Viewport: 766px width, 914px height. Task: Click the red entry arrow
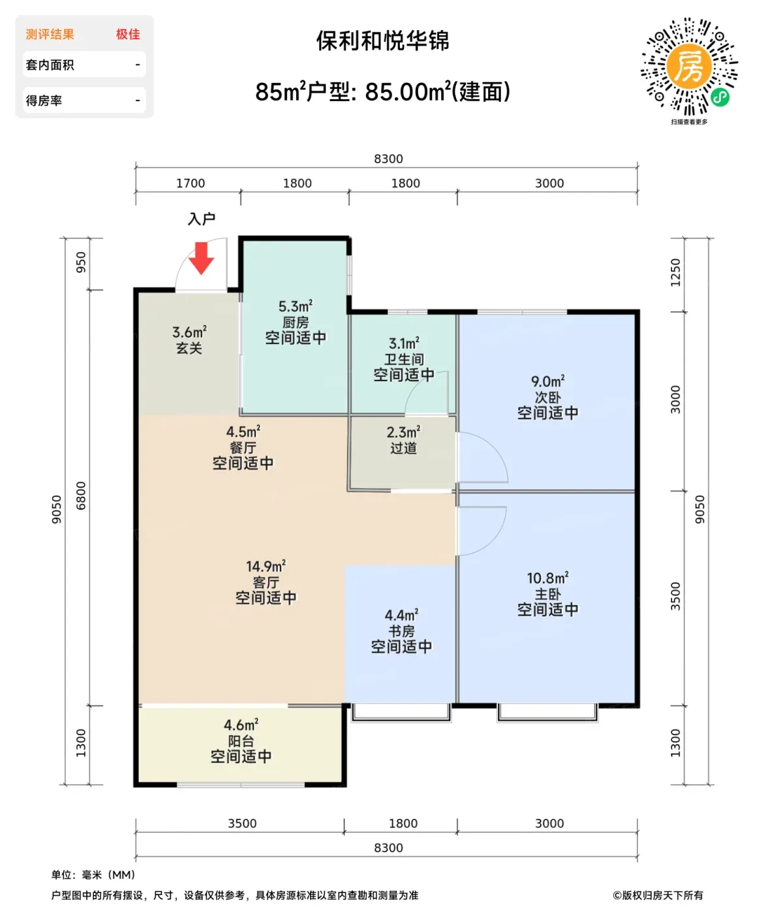coord(201,259)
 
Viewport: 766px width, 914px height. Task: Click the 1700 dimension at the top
coord(191,183)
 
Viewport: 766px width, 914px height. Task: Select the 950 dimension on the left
coord(82,262)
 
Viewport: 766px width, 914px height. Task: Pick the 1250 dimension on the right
coord(675,273)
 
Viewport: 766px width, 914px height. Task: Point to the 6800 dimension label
coord(82,496)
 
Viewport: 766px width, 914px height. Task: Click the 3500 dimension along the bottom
coord(242,823)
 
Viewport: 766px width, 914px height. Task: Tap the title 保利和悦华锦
coord(383,41)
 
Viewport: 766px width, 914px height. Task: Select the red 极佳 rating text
coord(128,34)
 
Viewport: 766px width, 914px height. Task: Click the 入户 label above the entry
coord(202,219)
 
